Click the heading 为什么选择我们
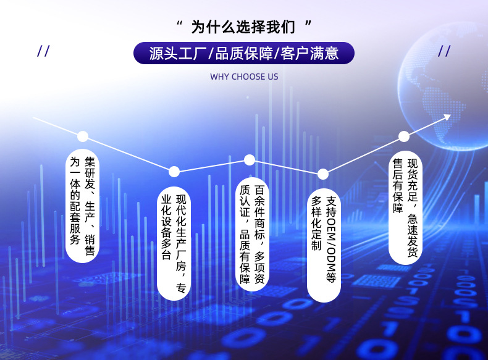243,27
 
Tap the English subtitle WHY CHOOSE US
244,77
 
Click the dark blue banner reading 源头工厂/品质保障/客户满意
244,53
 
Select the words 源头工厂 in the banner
178,53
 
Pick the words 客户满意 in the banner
309,53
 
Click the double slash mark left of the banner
43,51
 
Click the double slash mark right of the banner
444,51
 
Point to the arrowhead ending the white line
448,117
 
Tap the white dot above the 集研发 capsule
83,136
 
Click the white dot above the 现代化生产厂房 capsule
174,172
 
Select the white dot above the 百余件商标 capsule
250,160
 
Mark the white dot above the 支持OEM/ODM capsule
323,174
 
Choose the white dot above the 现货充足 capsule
403,136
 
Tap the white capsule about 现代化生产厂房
174,244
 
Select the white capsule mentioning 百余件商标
252,234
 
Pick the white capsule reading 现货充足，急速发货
405,208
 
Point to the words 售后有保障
398,186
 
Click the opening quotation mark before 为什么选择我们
179,23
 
